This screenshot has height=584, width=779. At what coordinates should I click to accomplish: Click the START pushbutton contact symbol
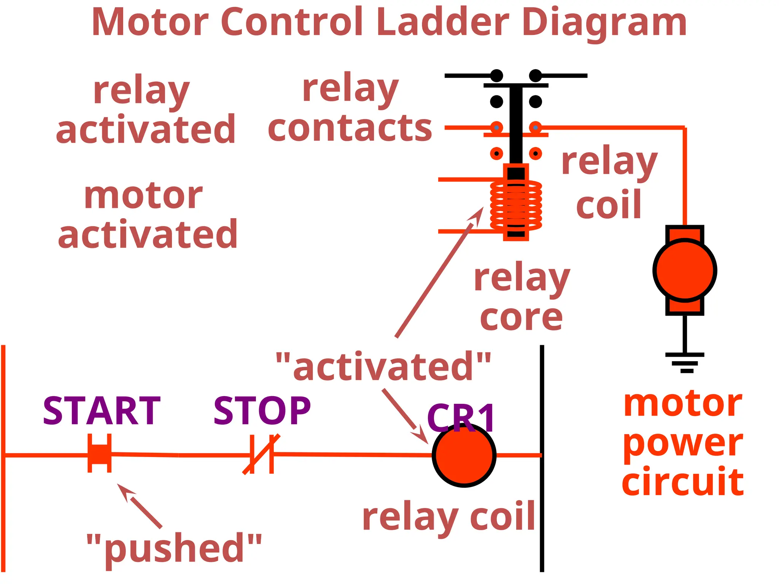coord(100,454)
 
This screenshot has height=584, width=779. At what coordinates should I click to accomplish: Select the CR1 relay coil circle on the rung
coord(464,455)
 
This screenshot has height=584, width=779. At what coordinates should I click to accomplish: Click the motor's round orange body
coord(684,270)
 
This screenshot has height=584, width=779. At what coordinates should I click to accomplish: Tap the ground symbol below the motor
coord(685,361)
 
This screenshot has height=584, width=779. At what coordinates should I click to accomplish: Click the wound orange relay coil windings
coord(516,205)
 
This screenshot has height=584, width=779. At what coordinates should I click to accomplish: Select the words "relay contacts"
coord(350,108)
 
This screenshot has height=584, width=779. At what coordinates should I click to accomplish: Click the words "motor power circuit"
coord(683,443)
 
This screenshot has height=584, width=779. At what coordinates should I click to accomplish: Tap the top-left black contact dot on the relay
coord(496,76)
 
